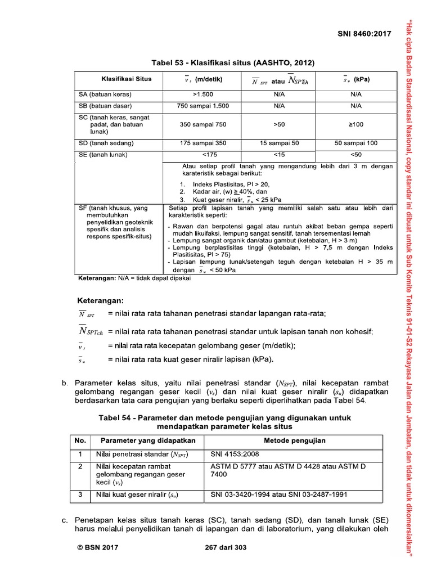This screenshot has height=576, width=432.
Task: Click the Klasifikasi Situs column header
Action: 126,79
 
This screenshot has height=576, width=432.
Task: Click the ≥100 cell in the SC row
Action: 355,123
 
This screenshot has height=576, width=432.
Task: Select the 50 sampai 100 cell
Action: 355,143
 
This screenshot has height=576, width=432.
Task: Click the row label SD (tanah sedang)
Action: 109,143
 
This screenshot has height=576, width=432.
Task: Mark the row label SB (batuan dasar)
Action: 106,105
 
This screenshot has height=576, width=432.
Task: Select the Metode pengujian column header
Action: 295,440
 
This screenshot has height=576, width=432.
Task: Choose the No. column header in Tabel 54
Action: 80,440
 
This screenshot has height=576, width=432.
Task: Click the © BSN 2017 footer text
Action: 98,547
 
